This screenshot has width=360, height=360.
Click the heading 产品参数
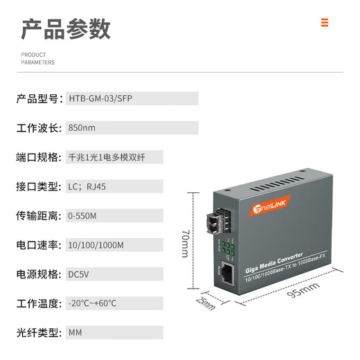[66, 29]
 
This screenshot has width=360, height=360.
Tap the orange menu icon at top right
[324, 23]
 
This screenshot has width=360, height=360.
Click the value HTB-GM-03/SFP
[100, 98]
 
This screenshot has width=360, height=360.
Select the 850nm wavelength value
[82, 128]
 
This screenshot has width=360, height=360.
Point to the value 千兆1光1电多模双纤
[106, 157]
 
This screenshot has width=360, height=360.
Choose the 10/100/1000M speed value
[96, 245]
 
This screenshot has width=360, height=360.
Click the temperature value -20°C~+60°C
[93, 303]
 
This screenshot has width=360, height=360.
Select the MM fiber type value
[75, 332]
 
